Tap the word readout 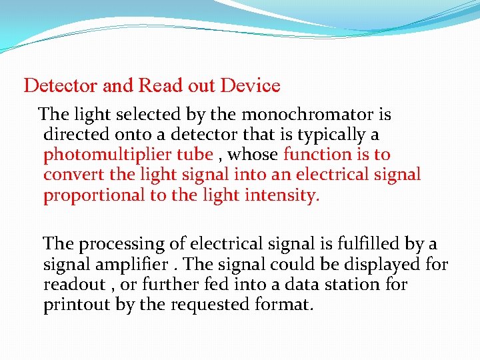74,285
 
